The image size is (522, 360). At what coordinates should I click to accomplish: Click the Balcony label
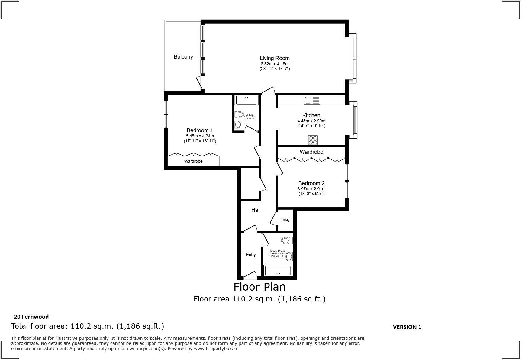(x=183, y=57)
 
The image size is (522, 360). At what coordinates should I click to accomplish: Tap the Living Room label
(x=275, y=58)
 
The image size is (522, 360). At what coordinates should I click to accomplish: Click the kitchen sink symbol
(x=312, y=100)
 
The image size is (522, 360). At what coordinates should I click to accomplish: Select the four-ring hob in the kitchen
(x=313, y=140)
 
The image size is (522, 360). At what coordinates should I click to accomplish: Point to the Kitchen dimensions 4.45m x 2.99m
(x=311, y=121)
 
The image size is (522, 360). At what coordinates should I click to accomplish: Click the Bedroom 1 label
(x=200, y=130)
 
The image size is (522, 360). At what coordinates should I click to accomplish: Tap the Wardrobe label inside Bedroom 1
(x=193, y=161)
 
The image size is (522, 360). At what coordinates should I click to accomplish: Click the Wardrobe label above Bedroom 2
(x=311, y=152)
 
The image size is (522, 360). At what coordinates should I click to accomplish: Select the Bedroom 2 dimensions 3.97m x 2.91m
(x=311, y=189)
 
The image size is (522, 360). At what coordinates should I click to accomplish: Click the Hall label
(x=256, y=210)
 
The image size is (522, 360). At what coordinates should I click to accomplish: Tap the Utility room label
(x=285, y=220)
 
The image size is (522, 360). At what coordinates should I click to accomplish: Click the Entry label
(x=251, y=255)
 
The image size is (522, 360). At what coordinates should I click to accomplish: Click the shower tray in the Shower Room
(x=278, y=271)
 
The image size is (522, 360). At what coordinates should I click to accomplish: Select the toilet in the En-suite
(x=240, y=114)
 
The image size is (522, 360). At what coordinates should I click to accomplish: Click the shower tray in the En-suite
(x=246, y=100)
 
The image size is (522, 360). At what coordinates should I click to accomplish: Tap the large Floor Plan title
(x=259, y=287)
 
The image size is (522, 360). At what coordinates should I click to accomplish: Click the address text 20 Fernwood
(x=31, y=317)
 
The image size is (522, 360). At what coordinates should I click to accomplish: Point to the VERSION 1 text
(x=407, y=327)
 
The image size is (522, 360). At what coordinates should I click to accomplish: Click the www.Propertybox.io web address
(x=215, y=349)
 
